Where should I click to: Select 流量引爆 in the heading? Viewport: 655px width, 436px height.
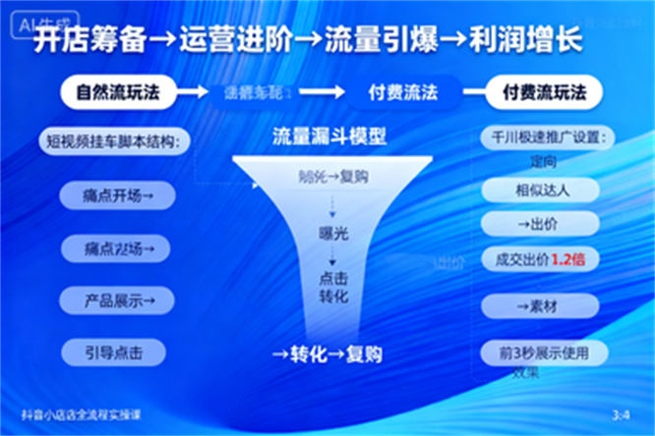point(380,40)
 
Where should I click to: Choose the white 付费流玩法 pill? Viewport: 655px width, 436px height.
point(544,93)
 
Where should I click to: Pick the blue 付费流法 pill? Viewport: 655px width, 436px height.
point(402,93)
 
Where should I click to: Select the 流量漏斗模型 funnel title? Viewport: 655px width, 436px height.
point(328,138)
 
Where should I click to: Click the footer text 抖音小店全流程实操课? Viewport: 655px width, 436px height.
point(81,415)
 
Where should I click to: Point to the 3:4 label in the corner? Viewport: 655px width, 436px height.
point(621,415)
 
